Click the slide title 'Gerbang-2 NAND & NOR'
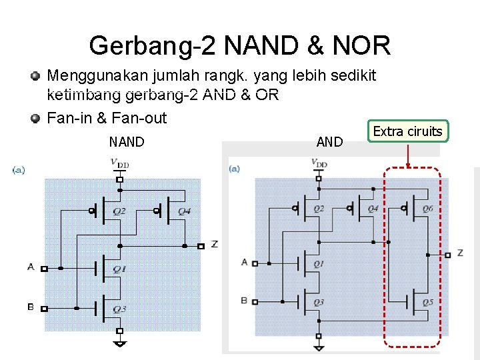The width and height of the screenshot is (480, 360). point(239,45)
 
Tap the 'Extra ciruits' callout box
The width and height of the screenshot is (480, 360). point(407,131)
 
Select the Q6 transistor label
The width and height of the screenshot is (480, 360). point(427,209)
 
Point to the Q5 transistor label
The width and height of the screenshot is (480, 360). point(427,302)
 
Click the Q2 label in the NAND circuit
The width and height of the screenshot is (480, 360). point(119,211)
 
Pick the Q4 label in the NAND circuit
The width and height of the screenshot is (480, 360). point(185,211)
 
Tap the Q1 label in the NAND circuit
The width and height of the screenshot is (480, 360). point(119,269)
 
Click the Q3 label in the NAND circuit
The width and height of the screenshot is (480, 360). point(119,309)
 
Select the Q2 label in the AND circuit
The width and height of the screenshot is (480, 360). point(319,209)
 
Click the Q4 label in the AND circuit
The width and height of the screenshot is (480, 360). point(373,209)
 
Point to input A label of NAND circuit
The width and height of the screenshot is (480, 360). point(31,267)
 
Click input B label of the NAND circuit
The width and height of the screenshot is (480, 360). point(31,307)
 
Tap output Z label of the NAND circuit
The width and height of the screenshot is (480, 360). point(214,245)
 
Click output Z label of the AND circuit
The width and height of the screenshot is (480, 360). point(460,253)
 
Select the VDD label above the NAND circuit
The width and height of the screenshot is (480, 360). point(120,163)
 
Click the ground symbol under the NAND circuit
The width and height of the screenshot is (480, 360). point(120,343)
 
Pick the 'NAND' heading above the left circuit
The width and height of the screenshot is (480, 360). point(127,141)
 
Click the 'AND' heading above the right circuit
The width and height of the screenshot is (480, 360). point(329,141)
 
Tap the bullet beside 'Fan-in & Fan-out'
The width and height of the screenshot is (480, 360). point(35,119)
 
